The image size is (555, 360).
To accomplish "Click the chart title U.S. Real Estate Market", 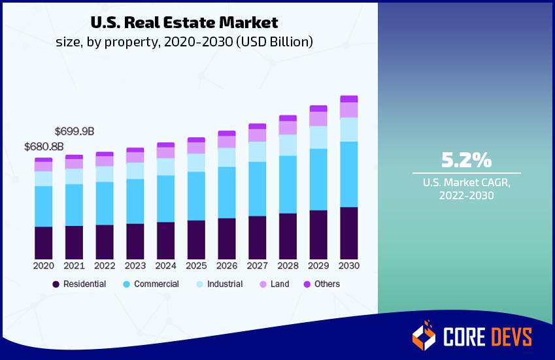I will click(x=184, y=22).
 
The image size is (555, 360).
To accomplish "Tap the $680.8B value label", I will click(x=44, y=146).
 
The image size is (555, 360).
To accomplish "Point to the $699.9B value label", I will click(x=75, y=131).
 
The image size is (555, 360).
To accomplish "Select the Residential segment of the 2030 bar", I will click(x=348, y=233).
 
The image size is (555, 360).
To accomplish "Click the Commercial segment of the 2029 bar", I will click(x=318, y=179).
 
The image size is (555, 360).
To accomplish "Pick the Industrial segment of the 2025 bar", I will click(x=196, y=163).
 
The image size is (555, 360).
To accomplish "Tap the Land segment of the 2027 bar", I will click(x=258, y=135).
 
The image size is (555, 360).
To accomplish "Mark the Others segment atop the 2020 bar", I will click(x=44, y=159).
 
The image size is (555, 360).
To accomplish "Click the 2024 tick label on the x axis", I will click(x=165, y=266).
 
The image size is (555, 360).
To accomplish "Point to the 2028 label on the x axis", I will click(x=288, y=266).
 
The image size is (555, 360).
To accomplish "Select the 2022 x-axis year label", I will click(x=105, y=266).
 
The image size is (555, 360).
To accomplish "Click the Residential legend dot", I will click(x=56, y=284).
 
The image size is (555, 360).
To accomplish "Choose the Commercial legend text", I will click(x=156, y=284).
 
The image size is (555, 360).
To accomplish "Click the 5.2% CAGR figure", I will click(x=466, y=160).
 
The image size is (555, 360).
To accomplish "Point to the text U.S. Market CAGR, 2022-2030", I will click(x=466, y=189).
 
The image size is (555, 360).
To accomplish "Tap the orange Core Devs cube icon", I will click(x=424, y=336).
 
